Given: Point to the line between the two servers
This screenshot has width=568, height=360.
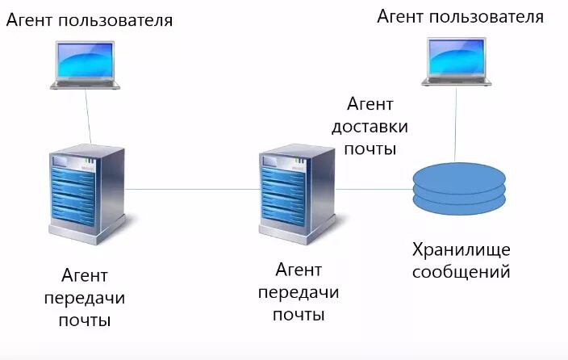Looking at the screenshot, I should [191, 190].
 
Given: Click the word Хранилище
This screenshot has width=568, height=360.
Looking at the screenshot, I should [461, 248].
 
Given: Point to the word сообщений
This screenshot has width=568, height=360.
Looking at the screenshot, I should [461, 271].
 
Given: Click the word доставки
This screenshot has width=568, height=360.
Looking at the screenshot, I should [370, 127].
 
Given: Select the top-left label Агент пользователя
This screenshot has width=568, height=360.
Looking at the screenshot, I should [90, 19].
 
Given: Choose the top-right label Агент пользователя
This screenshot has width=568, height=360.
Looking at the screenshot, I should [460, 16].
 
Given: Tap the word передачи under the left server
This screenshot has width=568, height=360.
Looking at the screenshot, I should [85, 299].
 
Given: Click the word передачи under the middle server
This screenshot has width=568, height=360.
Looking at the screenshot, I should [299, 291].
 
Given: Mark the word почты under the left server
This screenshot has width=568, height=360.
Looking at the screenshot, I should [85, 321].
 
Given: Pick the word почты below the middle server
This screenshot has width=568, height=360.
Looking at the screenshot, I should [299, 314].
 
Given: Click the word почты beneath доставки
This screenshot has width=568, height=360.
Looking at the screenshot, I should [370, 149].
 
